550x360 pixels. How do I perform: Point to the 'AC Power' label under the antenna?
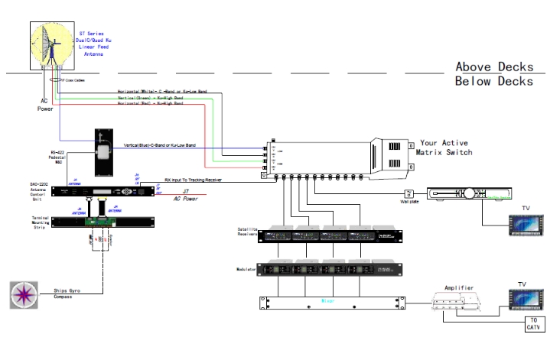coord(45,105)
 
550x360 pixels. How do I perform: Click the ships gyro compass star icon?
coord(24,295)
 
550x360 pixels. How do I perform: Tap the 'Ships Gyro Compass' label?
coord(68,295)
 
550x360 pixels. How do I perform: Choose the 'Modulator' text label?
coord(246,269)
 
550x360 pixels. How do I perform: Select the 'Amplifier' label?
coord(461,288)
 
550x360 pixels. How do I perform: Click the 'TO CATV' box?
coord(532,323)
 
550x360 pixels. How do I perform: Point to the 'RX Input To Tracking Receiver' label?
coord(187,181)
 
